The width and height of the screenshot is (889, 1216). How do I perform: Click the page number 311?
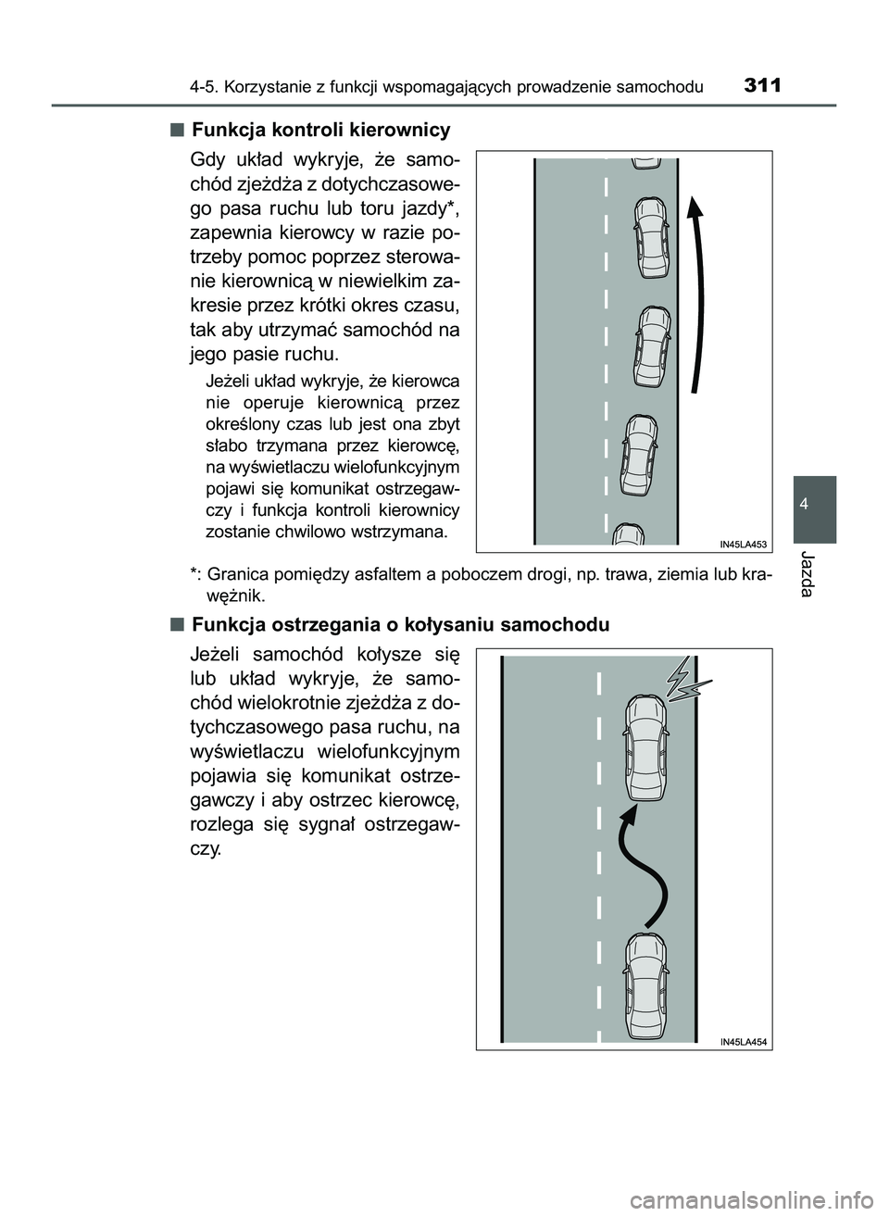tap(762, 86)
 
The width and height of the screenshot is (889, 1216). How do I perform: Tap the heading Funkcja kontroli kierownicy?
tap(320, 129)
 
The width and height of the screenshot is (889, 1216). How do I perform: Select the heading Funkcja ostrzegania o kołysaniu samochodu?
tap(400, 624)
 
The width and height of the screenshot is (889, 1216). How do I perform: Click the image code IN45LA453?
tap(744, 545)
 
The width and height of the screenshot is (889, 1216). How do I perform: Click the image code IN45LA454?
tap(744, 1041)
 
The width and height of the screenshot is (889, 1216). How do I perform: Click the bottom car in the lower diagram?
tap(643, 984)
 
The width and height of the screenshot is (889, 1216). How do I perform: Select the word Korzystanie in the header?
tap(269, 88)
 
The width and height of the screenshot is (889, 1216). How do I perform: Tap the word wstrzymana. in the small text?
tap(402, 533)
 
